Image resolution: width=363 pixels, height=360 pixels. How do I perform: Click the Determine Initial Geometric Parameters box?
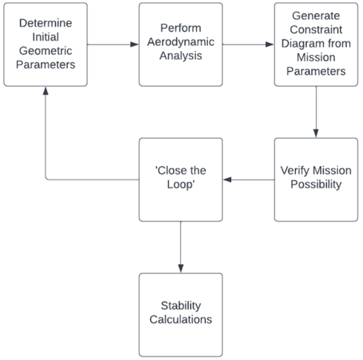[45, 44]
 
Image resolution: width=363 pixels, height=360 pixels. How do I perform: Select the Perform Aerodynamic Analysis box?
[180, 44]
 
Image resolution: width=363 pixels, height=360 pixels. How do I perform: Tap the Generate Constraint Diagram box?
[316, 44]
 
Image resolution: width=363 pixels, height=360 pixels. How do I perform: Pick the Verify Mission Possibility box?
[316, 180]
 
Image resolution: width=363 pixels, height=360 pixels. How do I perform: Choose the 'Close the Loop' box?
[180, 180]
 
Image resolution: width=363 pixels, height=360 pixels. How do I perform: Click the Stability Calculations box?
[180, 314]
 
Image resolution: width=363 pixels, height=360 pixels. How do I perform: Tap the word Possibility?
[316, 186]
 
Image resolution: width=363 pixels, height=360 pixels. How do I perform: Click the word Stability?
[181, 305]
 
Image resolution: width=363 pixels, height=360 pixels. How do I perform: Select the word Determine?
[45, 22]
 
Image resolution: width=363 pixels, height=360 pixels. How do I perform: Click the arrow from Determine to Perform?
[113, 44]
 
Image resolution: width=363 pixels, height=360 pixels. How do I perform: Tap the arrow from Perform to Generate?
[248, 44]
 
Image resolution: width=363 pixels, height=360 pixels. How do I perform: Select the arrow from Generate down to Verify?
[316, 112]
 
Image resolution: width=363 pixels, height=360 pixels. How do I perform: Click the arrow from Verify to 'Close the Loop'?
[248, 180]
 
